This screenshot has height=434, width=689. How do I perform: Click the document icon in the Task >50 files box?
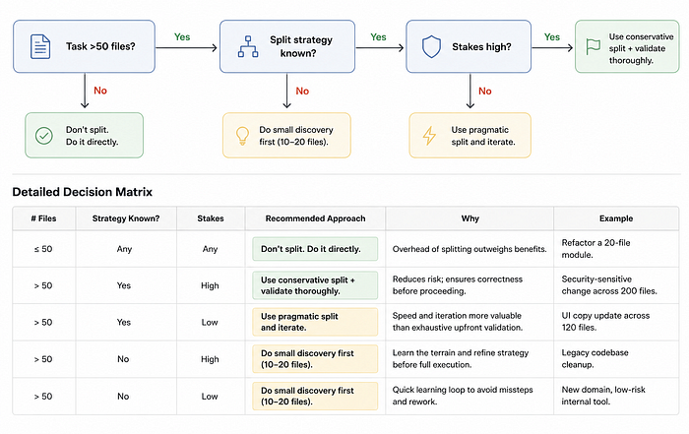pyautogui.click(x=40, y=46)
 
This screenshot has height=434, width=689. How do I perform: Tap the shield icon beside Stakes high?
pyautogui.click(x=431, y=46)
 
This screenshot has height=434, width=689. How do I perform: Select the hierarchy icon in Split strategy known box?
pyautogui.click(x=248, y=46)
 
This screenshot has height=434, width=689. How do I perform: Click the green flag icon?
pyautogui.click(x=594, y=46)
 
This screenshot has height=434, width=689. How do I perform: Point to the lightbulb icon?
pyautogui.click(x=242, y=136)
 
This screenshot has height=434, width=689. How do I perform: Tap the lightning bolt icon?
pyautogui.click(x=429, y=136)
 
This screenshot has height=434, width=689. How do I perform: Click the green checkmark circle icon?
pyautogui.click(x=44, y=136)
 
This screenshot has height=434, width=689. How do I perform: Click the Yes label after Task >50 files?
pyautogui.click(x=182, y=36)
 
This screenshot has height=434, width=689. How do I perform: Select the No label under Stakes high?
pyautogui.click(x=484, y=91)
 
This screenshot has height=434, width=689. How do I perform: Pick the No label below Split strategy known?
pyautogui.click(x=302, y=91)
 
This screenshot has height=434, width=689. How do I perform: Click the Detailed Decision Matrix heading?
pyautogui.click(x=82, y=192)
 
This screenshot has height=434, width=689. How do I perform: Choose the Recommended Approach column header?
pyautogui.click(x=316, y=218)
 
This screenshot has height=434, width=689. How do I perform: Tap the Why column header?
pyautogui.click(x=470, y=218)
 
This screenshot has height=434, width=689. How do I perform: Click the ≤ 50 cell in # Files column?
pyautogui.click(x=43, y=249)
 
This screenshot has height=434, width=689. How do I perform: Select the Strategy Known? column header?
pyautogui.click(x=126, y=218)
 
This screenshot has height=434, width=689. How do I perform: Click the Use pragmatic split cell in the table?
pyautogui.click(x=315, y=322)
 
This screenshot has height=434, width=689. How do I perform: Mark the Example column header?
pyautogui.click(x=616, y=218)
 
